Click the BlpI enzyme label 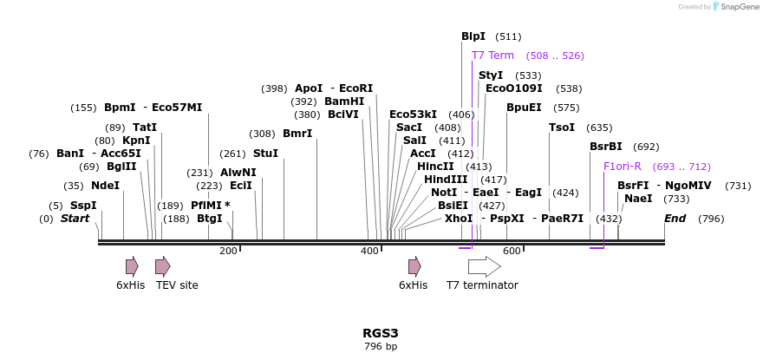click(x=473, y=36)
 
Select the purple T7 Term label click(x=492, y=56)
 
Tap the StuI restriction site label click(x=266, y=154)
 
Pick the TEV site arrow click(x=163, y=266)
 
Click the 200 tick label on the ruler click(x=228, y=251)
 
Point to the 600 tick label click(x=512, y=251)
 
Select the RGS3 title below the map click(x=381, y=333)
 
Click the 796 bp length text click(x=381, y=347)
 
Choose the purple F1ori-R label click(x=623, y=167)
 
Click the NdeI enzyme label click(x=105, y=186)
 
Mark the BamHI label click(x=344, y=101)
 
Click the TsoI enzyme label click(x=562, y=128)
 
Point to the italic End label click(x=675, y=219)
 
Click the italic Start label click(x=75, y=219)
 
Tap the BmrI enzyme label click(x=297, y=134)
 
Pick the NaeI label click(x=638, y=199)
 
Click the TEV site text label click(x=177, y=285)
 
